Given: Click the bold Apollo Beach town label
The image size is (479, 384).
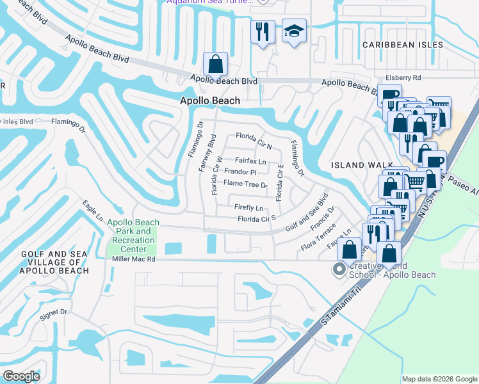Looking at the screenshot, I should (210, 100).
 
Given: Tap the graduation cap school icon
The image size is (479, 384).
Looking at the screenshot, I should (294, 32).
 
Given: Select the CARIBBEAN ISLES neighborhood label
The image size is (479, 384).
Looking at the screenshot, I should (402, 45).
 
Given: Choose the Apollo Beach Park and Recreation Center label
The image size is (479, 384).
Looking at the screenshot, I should (133, 236).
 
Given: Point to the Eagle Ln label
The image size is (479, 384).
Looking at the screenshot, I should (92, 211).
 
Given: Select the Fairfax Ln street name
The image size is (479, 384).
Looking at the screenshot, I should (250, 161).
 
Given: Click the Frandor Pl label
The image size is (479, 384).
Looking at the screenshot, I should (239, 172).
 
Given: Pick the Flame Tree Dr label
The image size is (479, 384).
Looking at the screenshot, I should (245, 184).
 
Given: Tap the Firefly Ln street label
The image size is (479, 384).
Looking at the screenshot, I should (248, 208).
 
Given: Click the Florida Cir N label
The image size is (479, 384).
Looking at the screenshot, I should (254, 136).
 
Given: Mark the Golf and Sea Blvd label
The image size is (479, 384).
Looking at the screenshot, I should (307, 212).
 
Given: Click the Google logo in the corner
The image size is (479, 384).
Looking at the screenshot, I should (22, 376).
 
